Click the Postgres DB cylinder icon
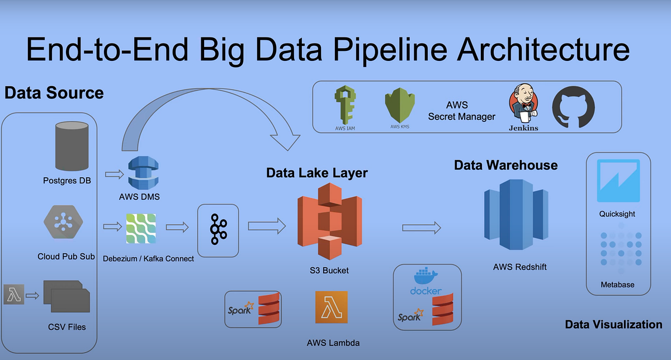[72, 146]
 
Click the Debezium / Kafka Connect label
[148, 258]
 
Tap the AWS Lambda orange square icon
[331, 307]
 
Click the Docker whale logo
[426, 279]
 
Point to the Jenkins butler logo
[523, 106]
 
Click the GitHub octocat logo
[573, 106]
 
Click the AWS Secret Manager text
[461, 111]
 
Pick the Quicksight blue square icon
[617, 180]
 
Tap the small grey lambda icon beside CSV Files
[13, 294]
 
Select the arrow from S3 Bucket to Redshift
[421, 226]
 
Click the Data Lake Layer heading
[316, 173]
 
